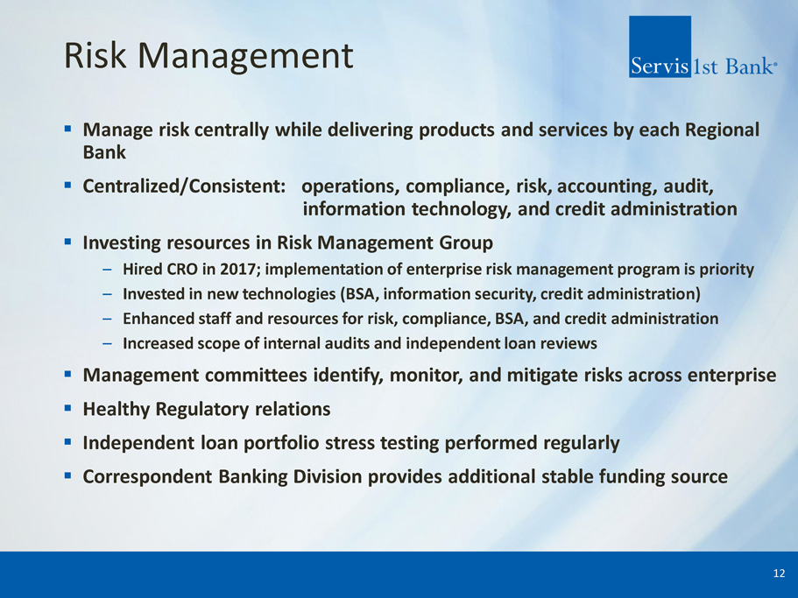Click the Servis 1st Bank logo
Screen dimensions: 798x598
(x=703, y=46)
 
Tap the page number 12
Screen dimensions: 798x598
(x=779, y=573)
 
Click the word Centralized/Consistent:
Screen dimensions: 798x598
(x=184, y=186)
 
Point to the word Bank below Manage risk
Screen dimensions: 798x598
(x=104, y=152)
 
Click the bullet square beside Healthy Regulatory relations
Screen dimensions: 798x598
(x=67, y=408)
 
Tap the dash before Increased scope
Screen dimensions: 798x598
(x=107, y=344)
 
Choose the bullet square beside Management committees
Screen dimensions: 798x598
(x=67, y=374)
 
